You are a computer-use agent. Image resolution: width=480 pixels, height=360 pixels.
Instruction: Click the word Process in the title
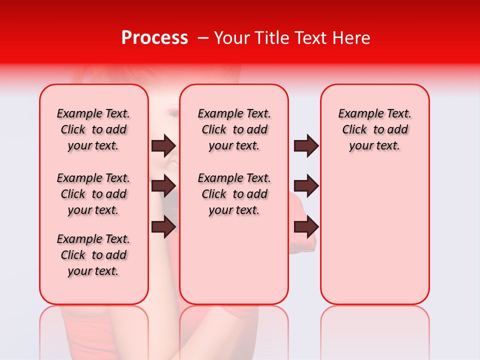pyautogui.click(x=154, y=38)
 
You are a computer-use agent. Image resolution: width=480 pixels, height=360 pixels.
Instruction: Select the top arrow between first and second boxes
pyautogui.click(x=163, y=145)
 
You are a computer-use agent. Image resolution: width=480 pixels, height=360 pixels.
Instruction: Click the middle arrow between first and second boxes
pyautogui.click(x=163, y=186)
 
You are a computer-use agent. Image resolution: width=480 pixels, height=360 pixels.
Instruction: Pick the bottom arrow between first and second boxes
pyautogui.click(x=163, y=227)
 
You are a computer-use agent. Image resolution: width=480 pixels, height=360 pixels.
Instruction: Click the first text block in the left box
pyautogui.click(x=93, y=129)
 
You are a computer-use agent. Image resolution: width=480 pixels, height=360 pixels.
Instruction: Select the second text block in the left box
pyautogui.click(x=93, y=194)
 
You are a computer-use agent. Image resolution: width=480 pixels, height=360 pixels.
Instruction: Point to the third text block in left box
pyautogui.click(x=93, y=255)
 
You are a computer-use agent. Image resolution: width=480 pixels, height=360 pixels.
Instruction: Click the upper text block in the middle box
pyautogui.click(x=234, y=129)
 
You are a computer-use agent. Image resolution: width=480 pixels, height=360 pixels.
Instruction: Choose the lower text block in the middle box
pyautogui.click(x=234, y=194)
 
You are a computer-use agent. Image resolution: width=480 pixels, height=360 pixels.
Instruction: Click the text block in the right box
pyautogui.click(x=374, y=129)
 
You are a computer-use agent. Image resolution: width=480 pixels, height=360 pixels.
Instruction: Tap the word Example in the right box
pyautogui.click(x=357, y=114)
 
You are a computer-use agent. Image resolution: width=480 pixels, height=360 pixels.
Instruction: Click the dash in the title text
pyautogui.click(x=203, y=38)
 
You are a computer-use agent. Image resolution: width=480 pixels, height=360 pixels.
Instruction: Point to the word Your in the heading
pyautogui.click(x=231, y=38)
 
